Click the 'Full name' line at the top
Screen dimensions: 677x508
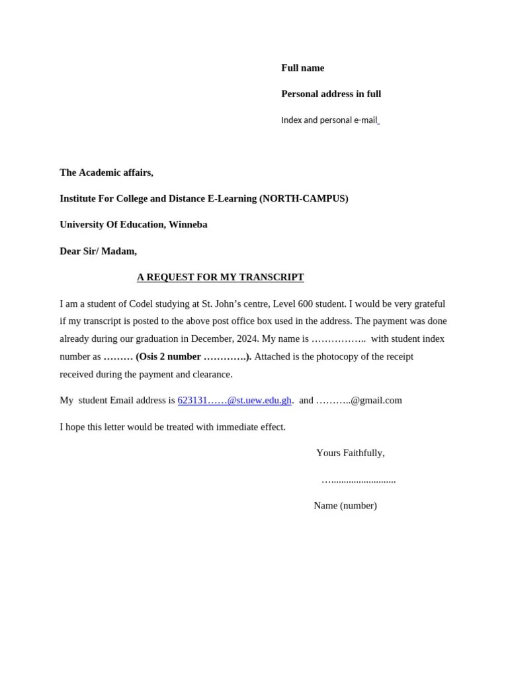(x=302, y=68)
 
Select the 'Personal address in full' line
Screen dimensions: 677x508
(x=331, y=94)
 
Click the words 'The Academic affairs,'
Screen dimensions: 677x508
(x=106, y=173)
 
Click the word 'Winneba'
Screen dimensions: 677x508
(x=188, y=224)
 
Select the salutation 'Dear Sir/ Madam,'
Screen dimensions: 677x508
(x=98, y=251)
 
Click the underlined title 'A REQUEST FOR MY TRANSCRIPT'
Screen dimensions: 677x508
(x=220, y=277)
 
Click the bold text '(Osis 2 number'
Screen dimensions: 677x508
(x=168, y=357)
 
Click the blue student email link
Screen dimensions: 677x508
(x=234, y=401)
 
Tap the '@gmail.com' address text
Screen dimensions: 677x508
(x=376, y=401)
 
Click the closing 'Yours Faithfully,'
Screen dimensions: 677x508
(x=350, y=454)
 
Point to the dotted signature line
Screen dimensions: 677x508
(x=359, y=481)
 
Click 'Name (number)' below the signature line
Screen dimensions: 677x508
(x=345, y=506)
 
